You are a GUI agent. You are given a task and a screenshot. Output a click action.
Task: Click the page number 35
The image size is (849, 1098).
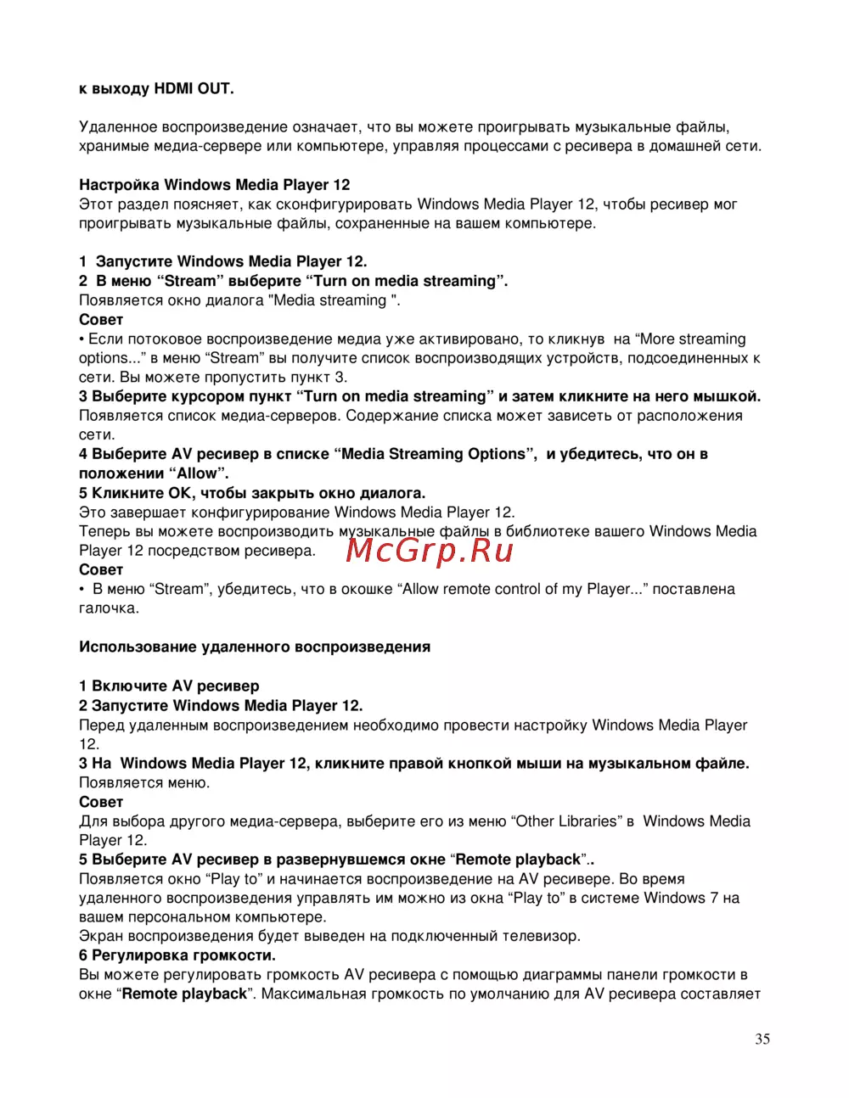762,1039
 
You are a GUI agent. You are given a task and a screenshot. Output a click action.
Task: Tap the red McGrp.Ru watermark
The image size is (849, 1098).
430,551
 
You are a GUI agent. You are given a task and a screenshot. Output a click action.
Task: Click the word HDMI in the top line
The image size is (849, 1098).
174,89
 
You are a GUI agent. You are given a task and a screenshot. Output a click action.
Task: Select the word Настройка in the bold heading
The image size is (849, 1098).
119,185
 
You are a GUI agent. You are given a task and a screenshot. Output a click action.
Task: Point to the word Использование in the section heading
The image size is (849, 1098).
138,647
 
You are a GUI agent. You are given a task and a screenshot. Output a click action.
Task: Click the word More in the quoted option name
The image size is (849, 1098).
657,339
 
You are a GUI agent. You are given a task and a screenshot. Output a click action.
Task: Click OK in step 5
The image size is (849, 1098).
181,493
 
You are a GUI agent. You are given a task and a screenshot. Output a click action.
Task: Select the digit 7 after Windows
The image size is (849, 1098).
713,898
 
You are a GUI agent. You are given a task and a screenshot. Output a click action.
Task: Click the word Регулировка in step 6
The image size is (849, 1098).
139,955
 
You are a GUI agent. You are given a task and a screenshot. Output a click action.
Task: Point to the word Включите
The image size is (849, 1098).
129,686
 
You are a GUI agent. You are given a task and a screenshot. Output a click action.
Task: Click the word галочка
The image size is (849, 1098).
108,608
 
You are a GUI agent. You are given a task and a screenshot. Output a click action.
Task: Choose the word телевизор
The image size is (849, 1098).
540,937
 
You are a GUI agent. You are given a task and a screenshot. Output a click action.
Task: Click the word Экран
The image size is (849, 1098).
101,937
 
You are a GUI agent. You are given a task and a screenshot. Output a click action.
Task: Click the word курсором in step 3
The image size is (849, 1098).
211,396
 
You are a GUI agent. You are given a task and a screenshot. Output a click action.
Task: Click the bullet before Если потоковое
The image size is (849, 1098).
82,339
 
